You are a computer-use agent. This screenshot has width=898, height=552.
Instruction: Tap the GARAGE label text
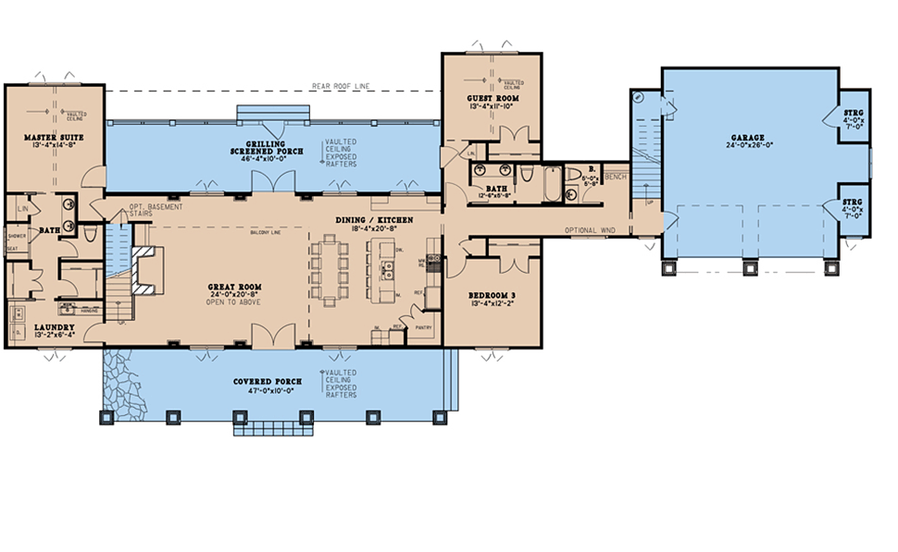[746, 137]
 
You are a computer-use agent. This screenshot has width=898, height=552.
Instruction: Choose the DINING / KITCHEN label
[374, 219]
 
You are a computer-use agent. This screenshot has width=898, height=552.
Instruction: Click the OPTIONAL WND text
[591, 230]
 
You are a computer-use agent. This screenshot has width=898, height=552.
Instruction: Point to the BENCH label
[616, 176]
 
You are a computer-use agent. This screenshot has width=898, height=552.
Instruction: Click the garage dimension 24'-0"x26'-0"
[746, 146]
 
